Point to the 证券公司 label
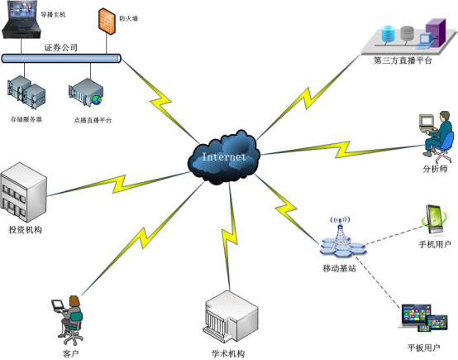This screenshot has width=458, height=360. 60,47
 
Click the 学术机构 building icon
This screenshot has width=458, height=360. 226,315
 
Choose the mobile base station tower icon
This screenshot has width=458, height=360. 341,240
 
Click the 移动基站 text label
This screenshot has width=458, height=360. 339,270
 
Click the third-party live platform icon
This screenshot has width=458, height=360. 409,36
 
